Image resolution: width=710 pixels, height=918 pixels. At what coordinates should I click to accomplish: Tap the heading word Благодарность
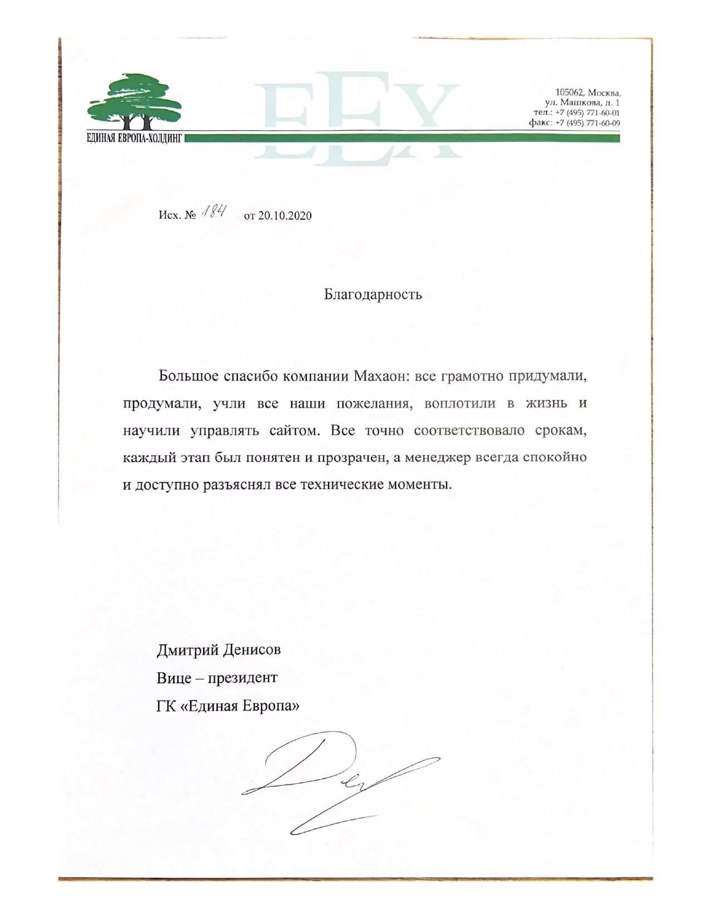[x=373, y=294]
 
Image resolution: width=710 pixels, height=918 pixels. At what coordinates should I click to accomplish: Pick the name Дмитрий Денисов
[x=219, y=650]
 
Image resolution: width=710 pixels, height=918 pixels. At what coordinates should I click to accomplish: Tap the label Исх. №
[x=178, y=216]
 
